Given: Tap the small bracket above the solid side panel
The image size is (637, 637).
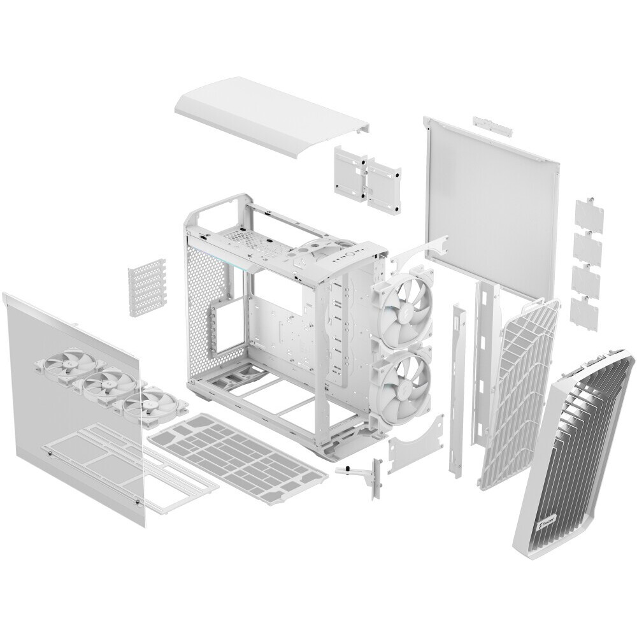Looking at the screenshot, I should pyautogui.click(x=492, y=125).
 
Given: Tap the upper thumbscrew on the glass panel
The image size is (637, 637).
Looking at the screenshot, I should pyautogui.click(x=50, y=454).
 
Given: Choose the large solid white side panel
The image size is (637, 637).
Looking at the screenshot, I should pyautogui.click(x=490, y=197).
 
